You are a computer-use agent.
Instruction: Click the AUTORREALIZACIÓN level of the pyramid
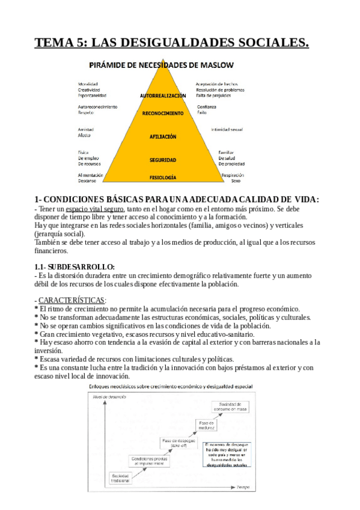[163, 95]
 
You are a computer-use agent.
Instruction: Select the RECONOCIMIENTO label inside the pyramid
[163, 113]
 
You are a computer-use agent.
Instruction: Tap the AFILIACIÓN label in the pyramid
[163, 137]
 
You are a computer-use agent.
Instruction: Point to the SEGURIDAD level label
[163, 160]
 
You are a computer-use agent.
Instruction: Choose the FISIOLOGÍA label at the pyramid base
[163, 177]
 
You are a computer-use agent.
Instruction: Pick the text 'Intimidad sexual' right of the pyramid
[227, 129]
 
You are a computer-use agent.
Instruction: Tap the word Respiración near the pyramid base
[232, 175]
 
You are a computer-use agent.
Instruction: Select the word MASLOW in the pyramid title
[215, 64]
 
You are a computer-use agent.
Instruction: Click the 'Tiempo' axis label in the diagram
[243, 487]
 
